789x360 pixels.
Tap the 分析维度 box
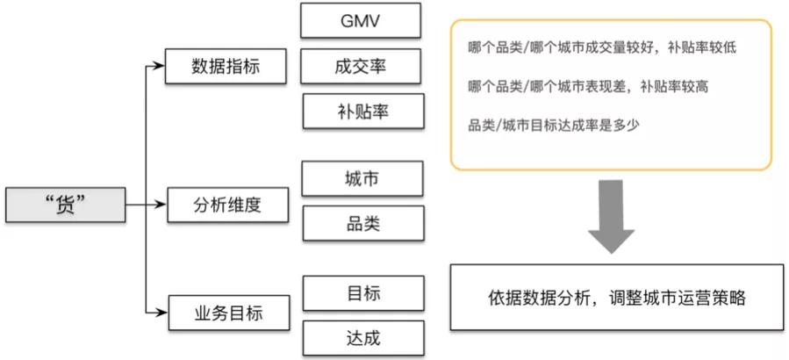point(226,205)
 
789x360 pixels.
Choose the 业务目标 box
point(226,311)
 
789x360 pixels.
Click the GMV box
point(362,22)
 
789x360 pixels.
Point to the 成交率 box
point(362,65)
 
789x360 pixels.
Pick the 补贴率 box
point(362,112)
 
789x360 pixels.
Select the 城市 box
point(362,178)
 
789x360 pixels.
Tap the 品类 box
point(362,223)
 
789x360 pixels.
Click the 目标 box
point(362,293)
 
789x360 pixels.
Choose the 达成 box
point(362,337)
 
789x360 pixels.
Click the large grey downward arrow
point(612,217)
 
